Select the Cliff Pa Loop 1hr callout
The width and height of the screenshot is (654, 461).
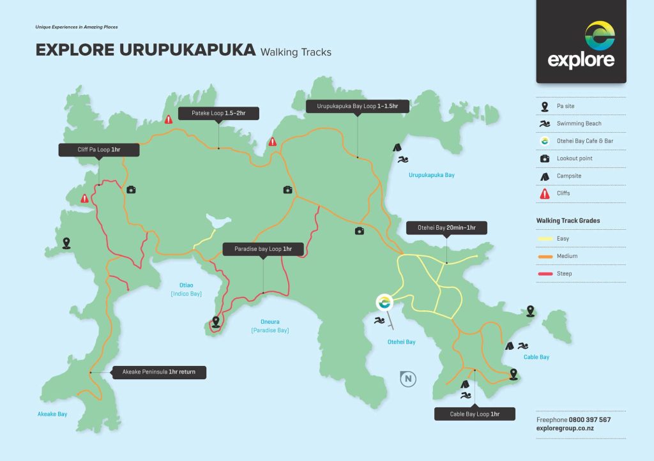98,149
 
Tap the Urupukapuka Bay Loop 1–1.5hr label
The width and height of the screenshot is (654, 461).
357,106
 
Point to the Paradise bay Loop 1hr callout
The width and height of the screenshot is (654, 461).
263,248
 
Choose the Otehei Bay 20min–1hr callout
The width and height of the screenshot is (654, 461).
446,227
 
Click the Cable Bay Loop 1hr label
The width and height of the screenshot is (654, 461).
475,414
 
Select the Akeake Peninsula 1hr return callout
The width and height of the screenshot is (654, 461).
160,372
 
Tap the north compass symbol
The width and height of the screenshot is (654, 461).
407,379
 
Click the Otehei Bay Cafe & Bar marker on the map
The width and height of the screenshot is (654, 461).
384,302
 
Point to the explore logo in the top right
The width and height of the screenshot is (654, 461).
581,44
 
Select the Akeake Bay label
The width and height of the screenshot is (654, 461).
52,414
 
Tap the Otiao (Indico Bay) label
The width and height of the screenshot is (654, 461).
186,290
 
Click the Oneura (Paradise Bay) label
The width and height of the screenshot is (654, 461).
270,326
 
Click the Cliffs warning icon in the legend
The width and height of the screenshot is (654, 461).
545,193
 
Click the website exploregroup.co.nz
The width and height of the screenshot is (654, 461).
565,428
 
